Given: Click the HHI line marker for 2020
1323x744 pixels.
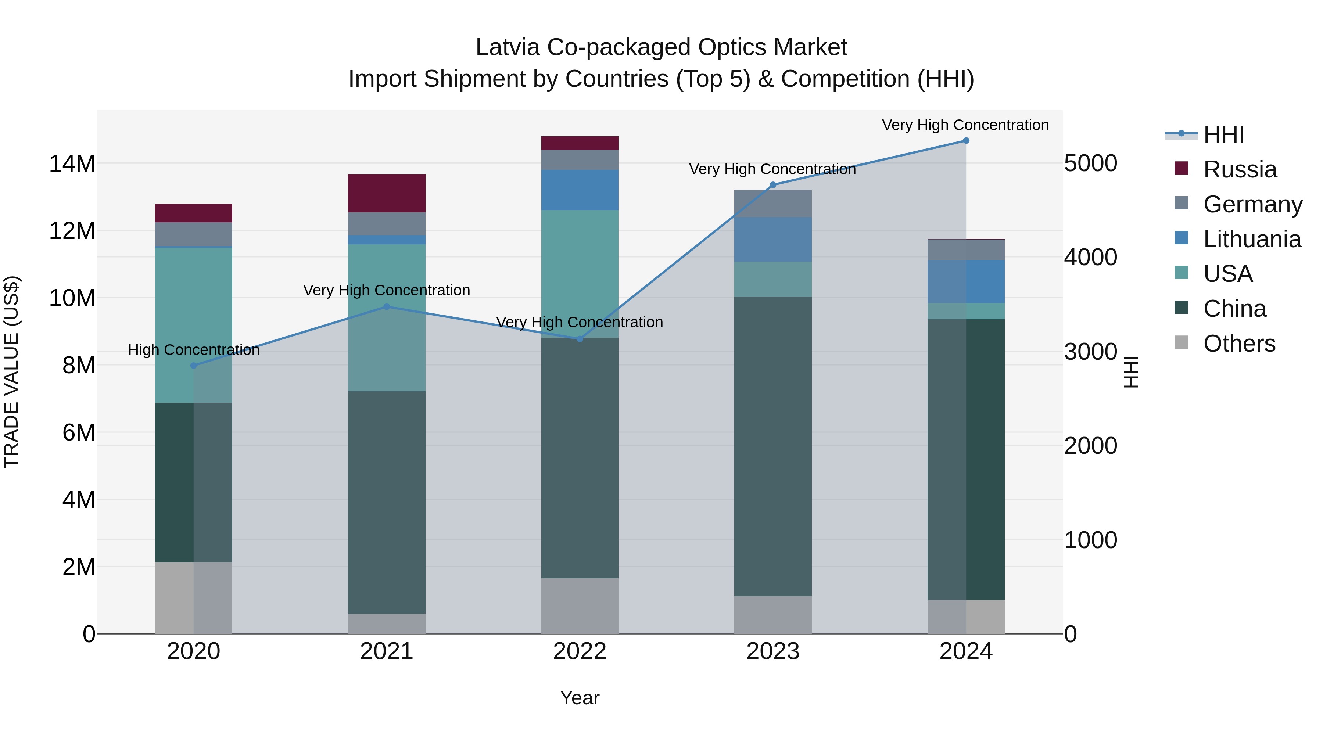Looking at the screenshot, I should [x=194, y=366].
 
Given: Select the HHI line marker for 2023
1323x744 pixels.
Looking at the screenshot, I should [x=772, y=185].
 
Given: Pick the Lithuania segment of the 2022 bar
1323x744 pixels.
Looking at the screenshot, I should [x=580, y=190].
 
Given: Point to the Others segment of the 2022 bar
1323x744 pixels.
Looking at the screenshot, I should [x=580, y=606].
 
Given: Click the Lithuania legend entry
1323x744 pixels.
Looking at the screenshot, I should [x=1252, y=239].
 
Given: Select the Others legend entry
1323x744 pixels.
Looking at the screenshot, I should [x=1239, y=344].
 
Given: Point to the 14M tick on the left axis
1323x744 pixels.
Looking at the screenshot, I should [x=72, y=164].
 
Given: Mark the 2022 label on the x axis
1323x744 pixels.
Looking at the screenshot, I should [x=580, y=651].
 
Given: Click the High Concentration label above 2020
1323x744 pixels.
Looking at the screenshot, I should [x=194, y=350].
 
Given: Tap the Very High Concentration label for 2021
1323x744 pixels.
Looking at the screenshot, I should [x=387, y=290].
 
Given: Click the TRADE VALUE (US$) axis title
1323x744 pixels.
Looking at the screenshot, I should [x=11, y=372].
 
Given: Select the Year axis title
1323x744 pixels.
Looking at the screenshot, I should [x=580, y=698].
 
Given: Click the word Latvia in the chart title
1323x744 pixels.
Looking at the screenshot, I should [x=508, y=47].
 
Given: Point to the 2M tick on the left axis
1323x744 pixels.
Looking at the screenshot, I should [x=79, y=567].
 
